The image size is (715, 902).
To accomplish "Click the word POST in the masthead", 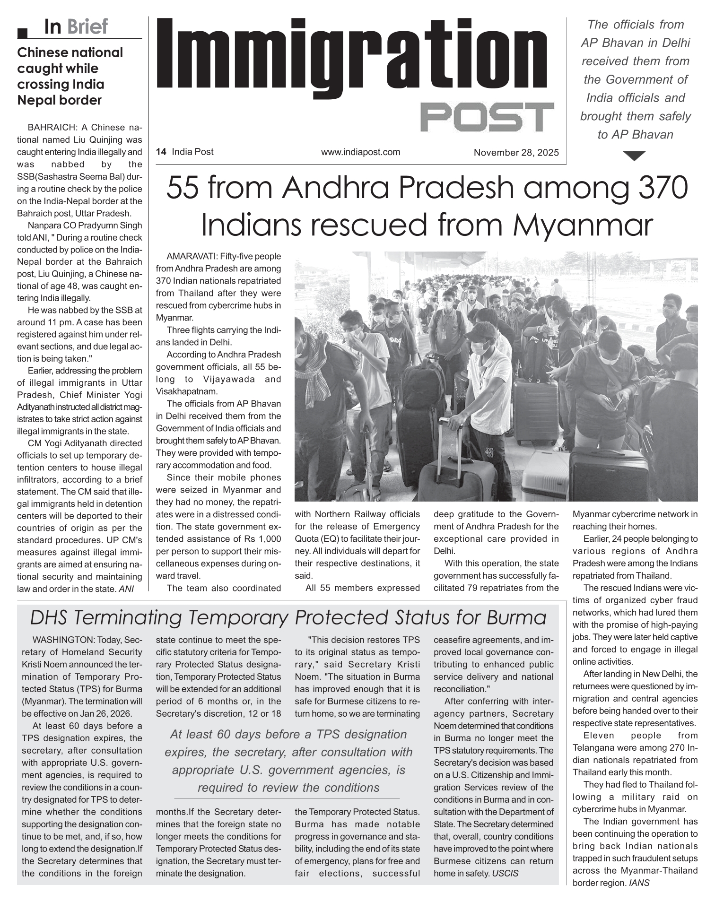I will (x=487, y=116).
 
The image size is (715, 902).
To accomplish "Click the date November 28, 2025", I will (x=516, y=153).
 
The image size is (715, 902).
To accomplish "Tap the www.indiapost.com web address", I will (x=360, y=152).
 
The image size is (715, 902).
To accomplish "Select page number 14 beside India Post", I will (x=161, y=152).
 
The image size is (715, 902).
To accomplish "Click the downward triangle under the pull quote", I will (x=635, y=156).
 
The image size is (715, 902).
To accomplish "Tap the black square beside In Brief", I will (x=22, y=33).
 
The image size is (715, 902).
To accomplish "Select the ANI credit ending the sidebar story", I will (x=126, y=589).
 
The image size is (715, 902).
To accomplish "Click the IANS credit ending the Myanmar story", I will (x=639, y=883).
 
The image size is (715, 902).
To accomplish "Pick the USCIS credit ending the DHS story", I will (x=505, y=873).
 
